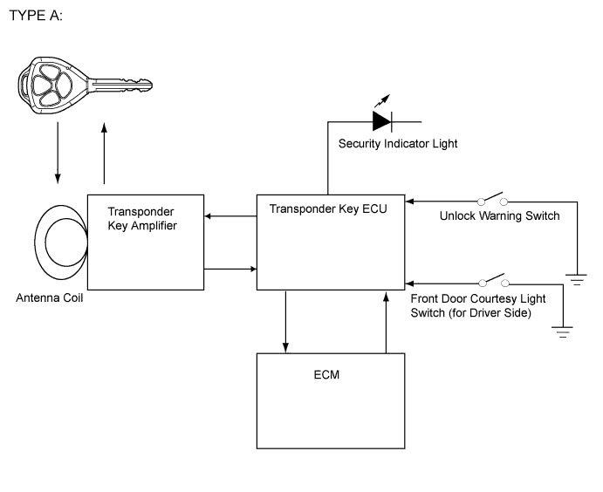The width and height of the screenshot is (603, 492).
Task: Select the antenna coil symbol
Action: click(x=61, y=242)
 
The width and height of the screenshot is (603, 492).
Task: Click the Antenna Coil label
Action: click(x=51, y=298)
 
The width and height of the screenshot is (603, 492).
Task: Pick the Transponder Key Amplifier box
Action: click(x=146, y=242)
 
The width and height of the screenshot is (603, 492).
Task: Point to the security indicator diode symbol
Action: click(x=381, y=120)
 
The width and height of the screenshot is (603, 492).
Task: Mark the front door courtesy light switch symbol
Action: click(x=494, y=282)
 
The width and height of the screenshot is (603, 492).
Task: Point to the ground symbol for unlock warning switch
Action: click(x=576, y=280)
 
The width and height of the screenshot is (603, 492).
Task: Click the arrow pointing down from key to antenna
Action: click(x=58, y=153)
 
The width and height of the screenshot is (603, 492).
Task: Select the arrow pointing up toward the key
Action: click(x=105, y=153)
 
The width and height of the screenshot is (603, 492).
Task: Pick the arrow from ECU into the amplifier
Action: click(x=230, y=218)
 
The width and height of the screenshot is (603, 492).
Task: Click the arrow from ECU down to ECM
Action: click(x=286, y=321)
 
